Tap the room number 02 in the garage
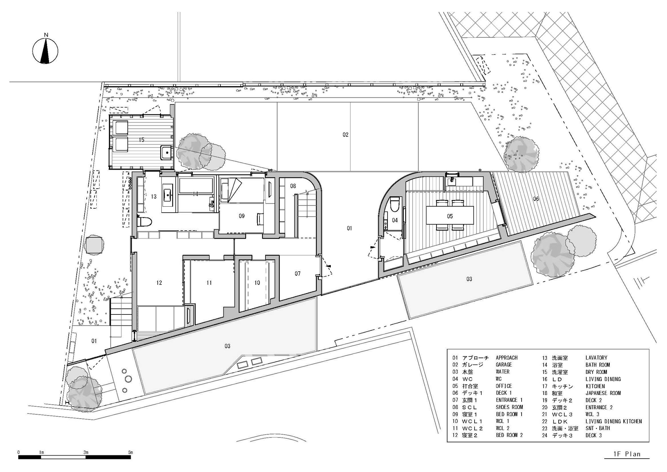pyautogui.click(x=346, y=135)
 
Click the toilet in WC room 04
pyautogui.click(x=395, y=204)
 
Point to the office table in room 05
pyautogui.click(x=450, y=215)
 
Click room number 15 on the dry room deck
pyautogui.click(x=141, y=140)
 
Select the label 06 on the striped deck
pyautogui.click(x=536, y=199)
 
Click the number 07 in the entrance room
pyautogui.click(x=297, y=274)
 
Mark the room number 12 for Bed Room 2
pyautogui.click(x=159, y=283)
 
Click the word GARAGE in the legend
pyautogui.click(x=504, y=365)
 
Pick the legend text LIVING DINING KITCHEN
pyautogui.click(x=613, y=421)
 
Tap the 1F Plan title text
pyautogui.click(x=627, y=454)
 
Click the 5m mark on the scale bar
pyautogui.click(x=130, y=453)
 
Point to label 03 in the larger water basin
pyautogui.click(x=227, y=346)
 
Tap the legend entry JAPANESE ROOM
pyautogui.click(x=603, y=393)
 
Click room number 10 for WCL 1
pyautogui.click(x=257, y=283)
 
